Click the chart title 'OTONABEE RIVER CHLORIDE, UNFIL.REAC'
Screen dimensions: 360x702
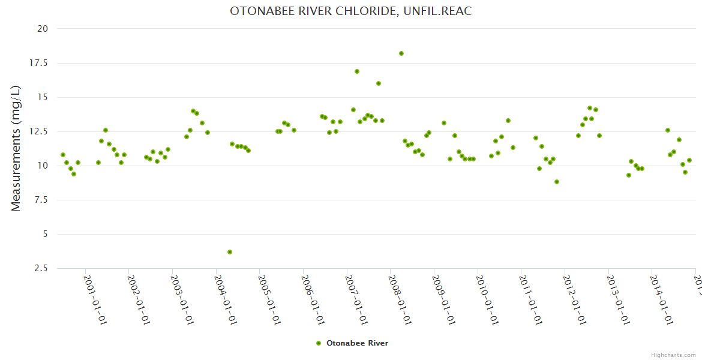click(351, 11)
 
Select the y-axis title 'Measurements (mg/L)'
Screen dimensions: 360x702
click(16, 148)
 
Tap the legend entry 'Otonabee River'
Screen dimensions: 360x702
click(353, 343)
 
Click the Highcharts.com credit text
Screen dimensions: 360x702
click(673, 355)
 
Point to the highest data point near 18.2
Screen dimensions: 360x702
click(401, 53)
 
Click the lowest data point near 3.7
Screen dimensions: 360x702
click(230, 252)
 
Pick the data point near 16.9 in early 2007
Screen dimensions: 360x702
click(357, 71)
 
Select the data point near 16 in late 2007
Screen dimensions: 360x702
click(379, 83)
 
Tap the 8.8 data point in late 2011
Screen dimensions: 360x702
click(557, 182)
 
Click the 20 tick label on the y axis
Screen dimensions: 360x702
click(43, 29)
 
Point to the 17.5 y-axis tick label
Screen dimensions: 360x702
click(40, 63)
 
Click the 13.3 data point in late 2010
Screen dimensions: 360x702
click(508, 121)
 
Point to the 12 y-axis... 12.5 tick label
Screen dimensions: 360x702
click(40, 131)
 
